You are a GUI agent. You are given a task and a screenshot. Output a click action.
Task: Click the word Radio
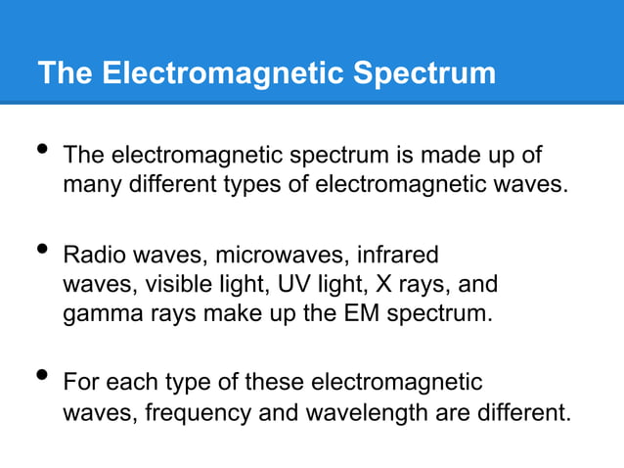click(x=90, y=256)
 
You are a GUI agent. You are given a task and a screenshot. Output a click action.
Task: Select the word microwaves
click(x=271, y=256)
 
